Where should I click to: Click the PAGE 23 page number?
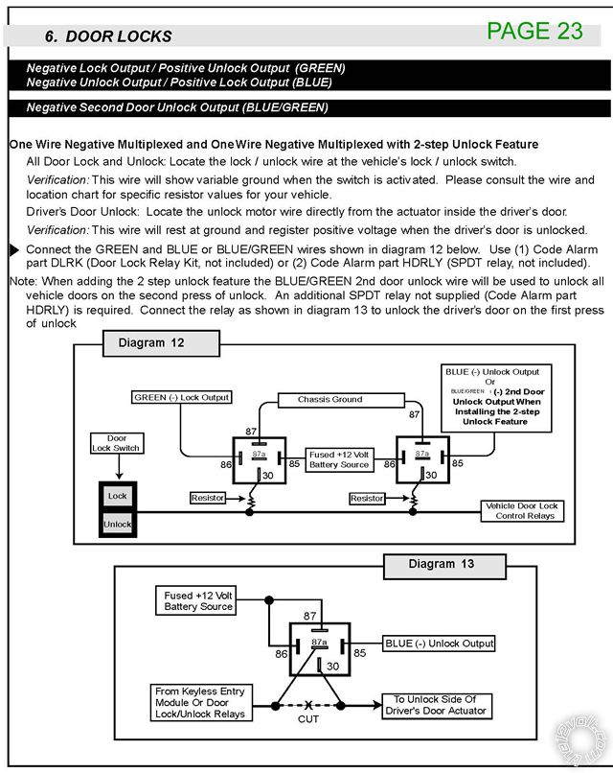534,31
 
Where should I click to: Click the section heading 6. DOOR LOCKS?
108,36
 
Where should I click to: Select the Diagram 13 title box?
441,564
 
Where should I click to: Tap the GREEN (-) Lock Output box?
182,397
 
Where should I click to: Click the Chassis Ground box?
329,399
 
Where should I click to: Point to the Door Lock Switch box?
123,443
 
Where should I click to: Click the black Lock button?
118,496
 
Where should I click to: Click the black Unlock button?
118,525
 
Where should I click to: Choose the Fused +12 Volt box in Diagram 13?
198,601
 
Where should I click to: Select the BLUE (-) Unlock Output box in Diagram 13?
439,643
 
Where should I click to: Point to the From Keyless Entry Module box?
199,703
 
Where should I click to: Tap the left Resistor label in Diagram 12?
208,499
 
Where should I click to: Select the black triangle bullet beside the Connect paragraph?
13,249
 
